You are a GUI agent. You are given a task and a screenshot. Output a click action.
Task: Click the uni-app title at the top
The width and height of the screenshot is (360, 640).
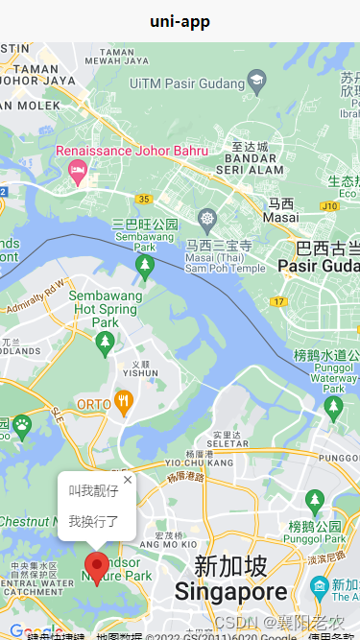tap(180, 21)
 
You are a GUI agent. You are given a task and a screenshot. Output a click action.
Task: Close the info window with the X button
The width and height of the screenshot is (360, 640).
tap(128, 480)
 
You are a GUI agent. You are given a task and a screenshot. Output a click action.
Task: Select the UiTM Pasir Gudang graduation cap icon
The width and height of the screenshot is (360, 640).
tap(256, 79)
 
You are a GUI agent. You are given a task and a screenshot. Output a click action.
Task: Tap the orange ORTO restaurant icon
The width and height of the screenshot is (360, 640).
tap(123, 403)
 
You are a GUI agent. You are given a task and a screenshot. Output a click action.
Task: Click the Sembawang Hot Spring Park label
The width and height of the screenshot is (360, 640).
tap(105, 309)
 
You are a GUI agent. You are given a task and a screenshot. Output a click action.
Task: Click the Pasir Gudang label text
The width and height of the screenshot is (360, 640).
tap(318, 265)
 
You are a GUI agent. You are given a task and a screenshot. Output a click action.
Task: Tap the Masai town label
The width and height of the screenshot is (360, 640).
tap(281, 211)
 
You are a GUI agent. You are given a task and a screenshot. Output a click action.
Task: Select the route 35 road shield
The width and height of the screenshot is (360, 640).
tap(144, 199)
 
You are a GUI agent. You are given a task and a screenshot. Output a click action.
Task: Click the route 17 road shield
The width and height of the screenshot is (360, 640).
tap(278, 301)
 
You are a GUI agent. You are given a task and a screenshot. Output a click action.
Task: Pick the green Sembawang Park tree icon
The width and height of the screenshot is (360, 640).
tap(145, 266)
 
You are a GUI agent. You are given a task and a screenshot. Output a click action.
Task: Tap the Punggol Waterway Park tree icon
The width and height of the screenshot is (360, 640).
tap(334, 408)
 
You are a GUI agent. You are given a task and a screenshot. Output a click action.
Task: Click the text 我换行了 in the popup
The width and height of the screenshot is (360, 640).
tap(94, 521)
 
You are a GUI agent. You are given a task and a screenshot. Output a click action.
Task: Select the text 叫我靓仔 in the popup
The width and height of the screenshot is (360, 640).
tap(94, 491)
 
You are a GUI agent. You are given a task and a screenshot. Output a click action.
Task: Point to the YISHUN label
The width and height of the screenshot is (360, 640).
tap(141, 373)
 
